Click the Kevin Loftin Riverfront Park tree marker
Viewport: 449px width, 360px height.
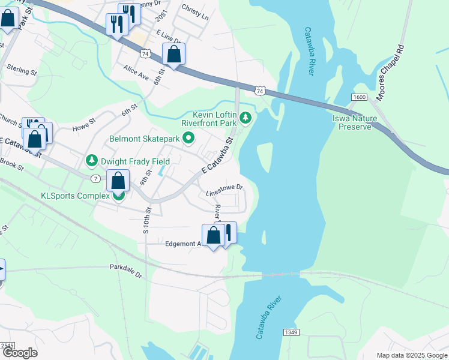(x=245, y=116)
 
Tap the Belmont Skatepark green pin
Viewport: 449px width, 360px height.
(x=188, y=139)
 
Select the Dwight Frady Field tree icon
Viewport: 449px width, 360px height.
(x=91, y=161)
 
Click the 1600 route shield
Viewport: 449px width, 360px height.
(x=359, y=97)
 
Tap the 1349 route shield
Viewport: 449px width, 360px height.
(x=290, y=332)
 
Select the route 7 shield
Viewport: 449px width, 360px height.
(x=95, y=179)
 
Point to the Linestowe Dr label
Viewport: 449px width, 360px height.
(x=224, y=190)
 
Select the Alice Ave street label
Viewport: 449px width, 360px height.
(x=136, y=73)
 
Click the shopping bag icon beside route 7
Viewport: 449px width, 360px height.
(x=118, y=181)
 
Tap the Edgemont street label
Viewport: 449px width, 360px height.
(x=182, y=244)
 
